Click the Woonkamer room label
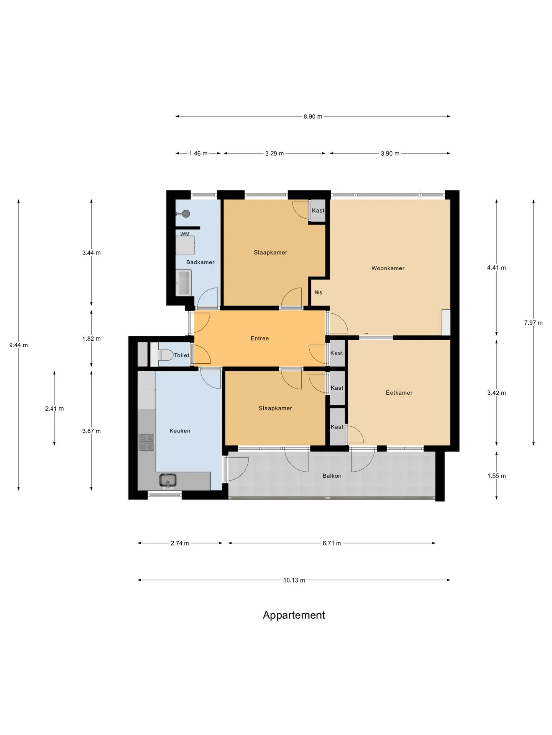(x=388, y=268)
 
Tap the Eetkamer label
(x=399, y=392)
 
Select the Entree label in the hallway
(x=260, y=338)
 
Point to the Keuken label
(x=180, y=431)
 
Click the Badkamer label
(x=200, y=262)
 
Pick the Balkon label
(x=332, y=476)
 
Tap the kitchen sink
(x=168, y=480)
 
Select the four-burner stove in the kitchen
(x=147, y=442)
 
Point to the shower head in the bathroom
(x=186, y=214)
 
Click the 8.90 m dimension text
(x=313, y=116)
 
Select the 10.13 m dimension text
(x=294, y=580)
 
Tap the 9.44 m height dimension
(x=18, y=345)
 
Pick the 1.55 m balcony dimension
(x=496, y=476)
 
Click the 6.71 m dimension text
(x=332, y=543)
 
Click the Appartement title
(x=294, y=615)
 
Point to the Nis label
(x=318, y=292)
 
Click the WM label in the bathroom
(x=185, y=234)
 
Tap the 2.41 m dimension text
(x=54, y=408)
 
